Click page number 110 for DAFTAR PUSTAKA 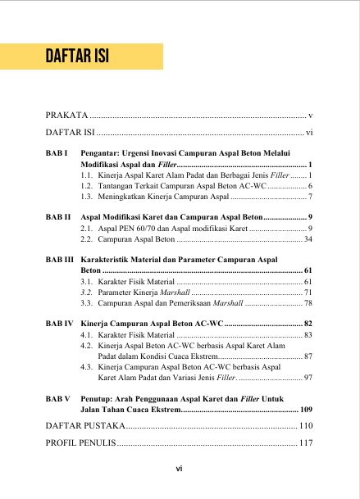[306, 426]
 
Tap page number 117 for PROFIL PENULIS [306, 443]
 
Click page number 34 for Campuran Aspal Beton [308, 240]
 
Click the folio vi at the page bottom [179, 470]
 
